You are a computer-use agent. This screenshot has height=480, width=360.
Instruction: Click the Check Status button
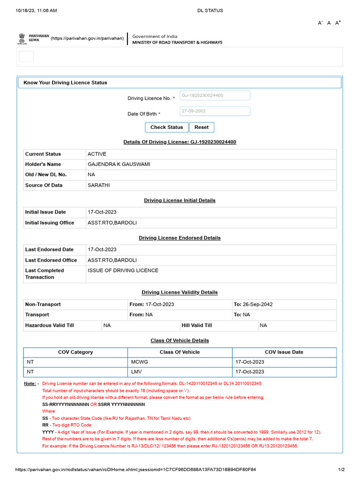coord(166,127)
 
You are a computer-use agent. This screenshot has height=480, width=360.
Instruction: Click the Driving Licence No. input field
coord(215,96)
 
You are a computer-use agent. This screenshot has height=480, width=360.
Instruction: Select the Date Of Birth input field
coord(215,111)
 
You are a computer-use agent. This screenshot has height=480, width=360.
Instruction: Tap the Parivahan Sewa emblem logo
coord(22,38)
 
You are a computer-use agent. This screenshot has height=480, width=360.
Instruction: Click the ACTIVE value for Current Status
coord(97,154)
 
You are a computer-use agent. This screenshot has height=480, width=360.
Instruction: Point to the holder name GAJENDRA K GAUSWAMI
coord(119,164)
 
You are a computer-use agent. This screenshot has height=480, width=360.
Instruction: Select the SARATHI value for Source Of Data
coord(98,185)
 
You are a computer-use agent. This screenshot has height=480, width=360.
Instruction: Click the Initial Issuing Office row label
coord(50,223)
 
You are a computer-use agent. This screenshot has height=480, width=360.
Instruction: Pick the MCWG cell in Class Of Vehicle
coord(139,362)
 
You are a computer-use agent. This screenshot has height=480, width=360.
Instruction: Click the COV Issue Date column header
coord(284,352)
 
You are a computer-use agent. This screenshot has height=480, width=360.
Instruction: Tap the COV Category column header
coord(75,352)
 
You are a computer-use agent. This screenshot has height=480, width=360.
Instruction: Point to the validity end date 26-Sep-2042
coord(257,304)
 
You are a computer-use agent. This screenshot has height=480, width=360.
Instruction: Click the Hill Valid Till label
coord(197,325)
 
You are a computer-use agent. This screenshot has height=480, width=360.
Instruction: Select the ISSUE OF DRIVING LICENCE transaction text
coord(123,270)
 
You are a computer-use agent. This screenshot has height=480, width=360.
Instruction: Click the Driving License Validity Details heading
coord(180,292)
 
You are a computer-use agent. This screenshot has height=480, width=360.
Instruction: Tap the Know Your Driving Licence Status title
coord(65,82)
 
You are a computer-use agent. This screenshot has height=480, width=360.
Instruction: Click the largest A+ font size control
coord(338,22)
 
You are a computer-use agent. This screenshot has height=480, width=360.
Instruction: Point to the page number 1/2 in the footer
coord(342,469)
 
